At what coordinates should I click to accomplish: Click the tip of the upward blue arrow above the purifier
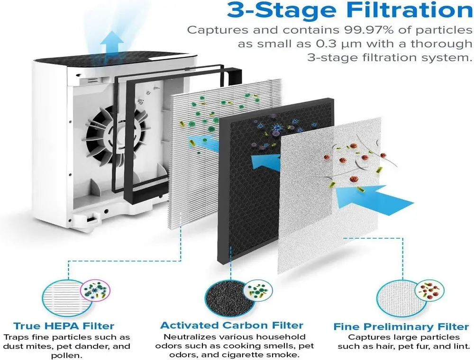click(x=112, y=31)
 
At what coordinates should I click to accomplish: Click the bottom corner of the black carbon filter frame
click(x=218, y=261)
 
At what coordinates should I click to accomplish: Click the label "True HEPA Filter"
click(x=64, y=326)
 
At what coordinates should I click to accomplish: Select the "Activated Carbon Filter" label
click(x=232, y=325)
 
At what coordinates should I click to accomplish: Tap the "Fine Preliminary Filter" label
click(x=401, y=327)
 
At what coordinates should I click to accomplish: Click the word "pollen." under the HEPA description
click(x=66, y=355)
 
